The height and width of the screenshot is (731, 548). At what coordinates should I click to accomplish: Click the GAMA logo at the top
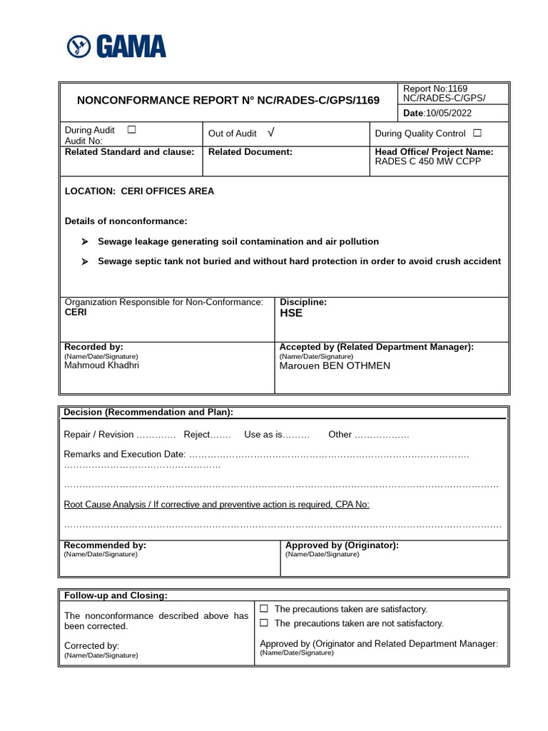click(116, 46)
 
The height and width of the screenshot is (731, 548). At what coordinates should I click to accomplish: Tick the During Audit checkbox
click(131, 130)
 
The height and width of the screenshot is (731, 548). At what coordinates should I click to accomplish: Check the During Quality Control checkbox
click(477, 133)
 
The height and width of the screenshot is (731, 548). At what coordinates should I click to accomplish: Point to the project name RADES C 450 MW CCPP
click(428, 161)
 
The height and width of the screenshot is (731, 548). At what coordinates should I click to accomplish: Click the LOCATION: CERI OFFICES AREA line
click(139, 191)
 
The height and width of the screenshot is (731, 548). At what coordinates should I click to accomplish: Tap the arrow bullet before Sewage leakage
click(85, 242)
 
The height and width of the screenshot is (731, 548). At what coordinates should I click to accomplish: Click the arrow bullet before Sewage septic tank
click(85, 261)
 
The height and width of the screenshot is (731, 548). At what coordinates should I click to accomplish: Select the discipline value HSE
click(291, 313)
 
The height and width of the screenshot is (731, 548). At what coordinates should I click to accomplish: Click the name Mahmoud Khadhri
click(101, 365)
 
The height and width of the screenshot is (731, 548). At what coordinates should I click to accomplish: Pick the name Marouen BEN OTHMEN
click(335, 366)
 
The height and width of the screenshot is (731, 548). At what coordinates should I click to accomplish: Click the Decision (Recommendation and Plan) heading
click(148, 413)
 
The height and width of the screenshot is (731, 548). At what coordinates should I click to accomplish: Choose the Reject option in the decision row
click(197, 435)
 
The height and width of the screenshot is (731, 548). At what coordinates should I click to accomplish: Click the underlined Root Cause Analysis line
click(217, 505)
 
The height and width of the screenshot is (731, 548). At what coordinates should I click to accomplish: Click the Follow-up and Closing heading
click(116, 595)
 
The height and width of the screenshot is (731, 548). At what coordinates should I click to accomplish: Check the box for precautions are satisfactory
click(264, 609)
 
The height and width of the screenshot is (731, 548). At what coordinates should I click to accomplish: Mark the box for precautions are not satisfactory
click(264, 623)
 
